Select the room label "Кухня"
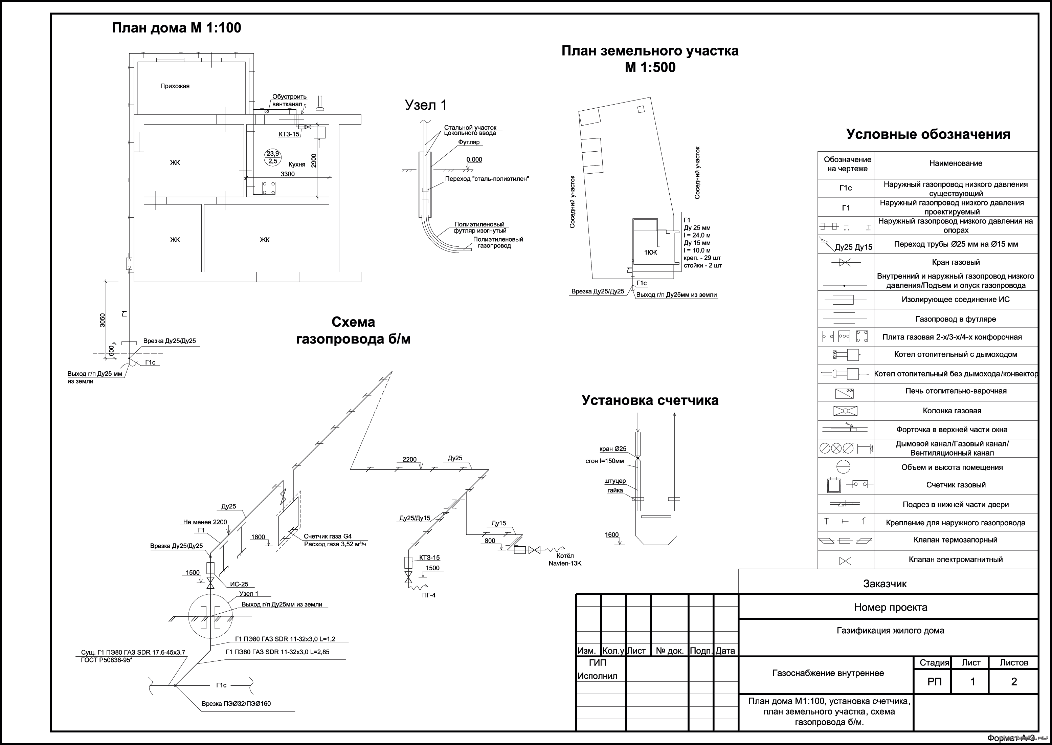(297, 164)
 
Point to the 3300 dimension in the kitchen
(288, 174)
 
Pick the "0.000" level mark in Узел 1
(474, 160)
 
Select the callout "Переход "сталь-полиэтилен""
(487, 179)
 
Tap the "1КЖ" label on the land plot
(650, 252)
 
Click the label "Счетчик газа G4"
(328, 536)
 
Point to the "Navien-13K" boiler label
(565, 563)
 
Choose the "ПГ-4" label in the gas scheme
(428, 595)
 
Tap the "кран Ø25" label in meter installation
(613, 449)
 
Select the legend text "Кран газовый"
(956, 262)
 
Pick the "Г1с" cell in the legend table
(846, 188)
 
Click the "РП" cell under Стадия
(934, 682)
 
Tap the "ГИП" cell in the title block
(597, 663)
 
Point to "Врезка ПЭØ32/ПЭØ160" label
(236, 704)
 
